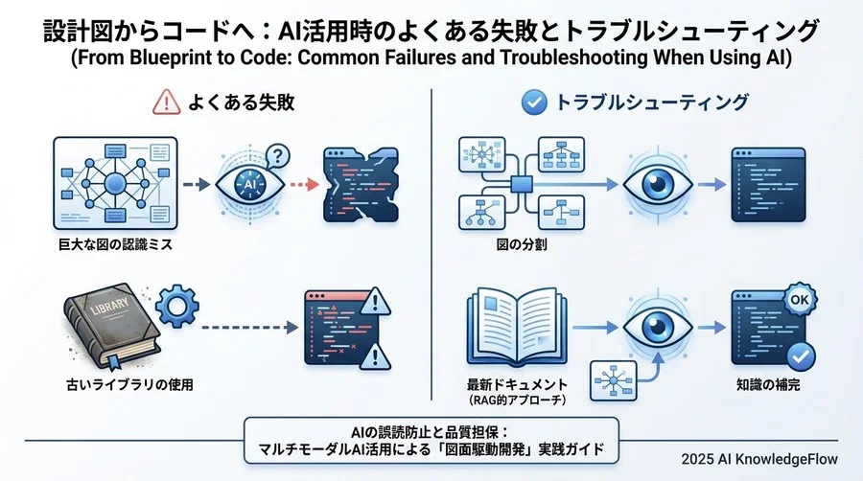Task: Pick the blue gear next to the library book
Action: [176, 309]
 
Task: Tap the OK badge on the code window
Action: [795, 299]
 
